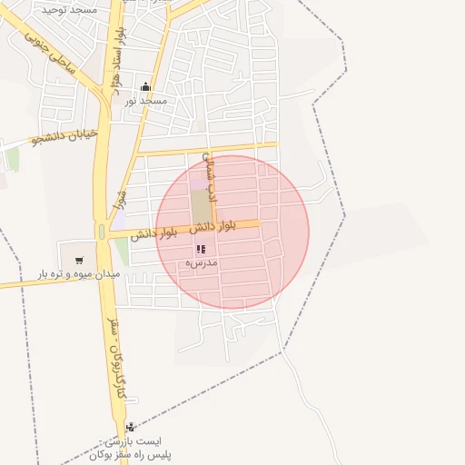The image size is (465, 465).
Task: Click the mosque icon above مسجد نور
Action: point(145,87)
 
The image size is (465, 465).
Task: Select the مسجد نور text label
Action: point(145,101)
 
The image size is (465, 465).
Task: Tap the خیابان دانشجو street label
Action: point(64,137)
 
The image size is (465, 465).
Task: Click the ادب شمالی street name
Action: point(213,174)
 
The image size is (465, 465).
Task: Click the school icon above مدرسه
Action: point(201,248)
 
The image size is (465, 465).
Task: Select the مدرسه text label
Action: point(201,262)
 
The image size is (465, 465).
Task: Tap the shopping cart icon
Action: point(78,258)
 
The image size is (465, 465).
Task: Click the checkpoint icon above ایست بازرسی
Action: point(134,426)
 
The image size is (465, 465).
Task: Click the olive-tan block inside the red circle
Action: point(200,206)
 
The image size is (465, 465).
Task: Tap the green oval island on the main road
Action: point(102,233)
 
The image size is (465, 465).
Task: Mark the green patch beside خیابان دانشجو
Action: point(12,160)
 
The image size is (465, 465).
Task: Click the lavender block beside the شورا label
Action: point(118,219)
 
